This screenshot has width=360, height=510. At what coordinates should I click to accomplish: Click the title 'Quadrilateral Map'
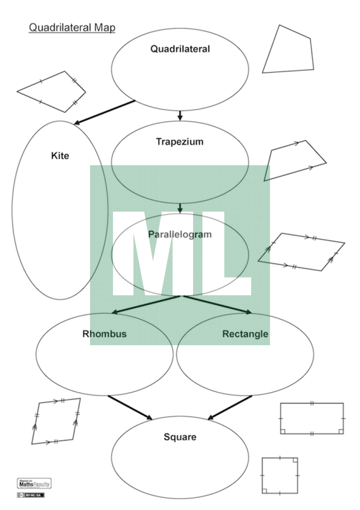[72, 28]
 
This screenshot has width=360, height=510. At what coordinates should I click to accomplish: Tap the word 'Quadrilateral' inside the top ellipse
[180, 49]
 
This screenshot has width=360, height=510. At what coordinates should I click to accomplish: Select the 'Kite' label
[60, 156]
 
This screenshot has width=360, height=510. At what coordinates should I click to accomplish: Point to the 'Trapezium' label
[180, 142]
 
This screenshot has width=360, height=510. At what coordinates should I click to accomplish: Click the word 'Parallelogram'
[180, 235]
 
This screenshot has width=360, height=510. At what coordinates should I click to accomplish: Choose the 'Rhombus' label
[104, 334]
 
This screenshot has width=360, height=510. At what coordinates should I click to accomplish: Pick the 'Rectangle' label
[245, 334]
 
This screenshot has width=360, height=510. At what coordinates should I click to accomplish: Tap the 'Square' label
[180, 437]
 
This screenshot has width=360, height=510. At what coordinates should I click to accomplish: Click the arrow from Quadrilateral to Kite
[104, 112]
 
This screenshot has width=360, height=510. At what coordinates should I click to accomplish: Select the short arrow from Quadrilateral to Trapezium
[180, 115]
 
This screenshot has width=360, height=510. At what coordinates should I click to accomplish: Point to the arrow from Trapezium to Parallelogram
[180, 208]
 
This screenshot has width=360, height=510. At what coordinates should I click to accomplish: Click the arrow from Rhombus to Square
[130, 407]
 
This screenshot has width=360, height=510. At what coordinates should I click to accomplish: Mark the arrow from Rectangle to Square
[230, 407]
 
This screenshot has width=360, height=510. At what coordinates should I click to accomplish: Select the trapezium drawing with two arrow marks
[295, 161]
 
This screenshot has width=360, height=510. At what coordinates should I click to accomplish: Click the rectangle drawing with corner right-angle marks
[312, 419]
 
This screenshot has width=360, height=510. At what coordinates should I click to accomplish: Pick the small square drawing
[280, 475]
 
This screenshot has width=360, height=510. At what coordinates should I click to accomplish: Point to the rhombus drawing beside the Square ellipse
[56, 421]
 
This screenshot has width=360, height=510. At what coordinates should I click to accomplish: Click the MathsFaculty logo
[34, 484]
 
